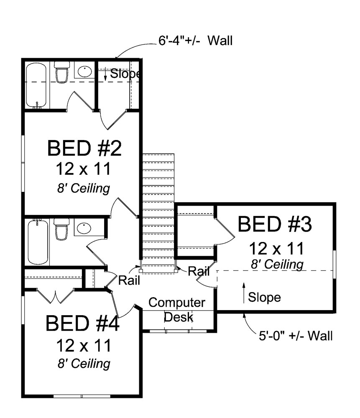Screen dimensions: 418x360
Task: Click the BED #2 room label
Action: click(x=84, y=148)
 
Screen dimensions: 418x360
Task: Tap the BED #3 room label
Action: click(x=275, y=224)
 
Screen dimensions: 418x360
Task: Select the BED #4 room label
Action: click(x=83, y=324)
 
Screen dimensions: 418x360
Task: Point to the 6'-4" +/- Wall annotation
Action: click(x=195, y=41)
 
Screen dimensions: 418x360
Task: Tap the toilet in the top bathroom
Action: click(x=61, y=71)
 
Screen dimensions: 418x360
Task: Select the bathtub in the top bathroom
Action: click(x=36, y=85)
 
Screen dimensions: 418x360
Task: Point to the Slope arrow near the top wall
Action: click(x=106, y=74)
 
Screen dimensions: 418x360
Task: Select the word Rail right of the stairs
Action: click(x=198, y=271)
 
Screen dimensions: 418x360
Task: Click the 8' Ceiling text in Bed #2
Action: click(x=84, y=189)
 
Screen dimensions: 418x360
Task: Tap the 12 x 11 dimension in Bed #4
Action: click(x=83, y=345)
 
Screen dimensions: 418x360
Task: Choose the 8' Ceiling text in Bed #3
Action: click(x=277, y=265)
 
